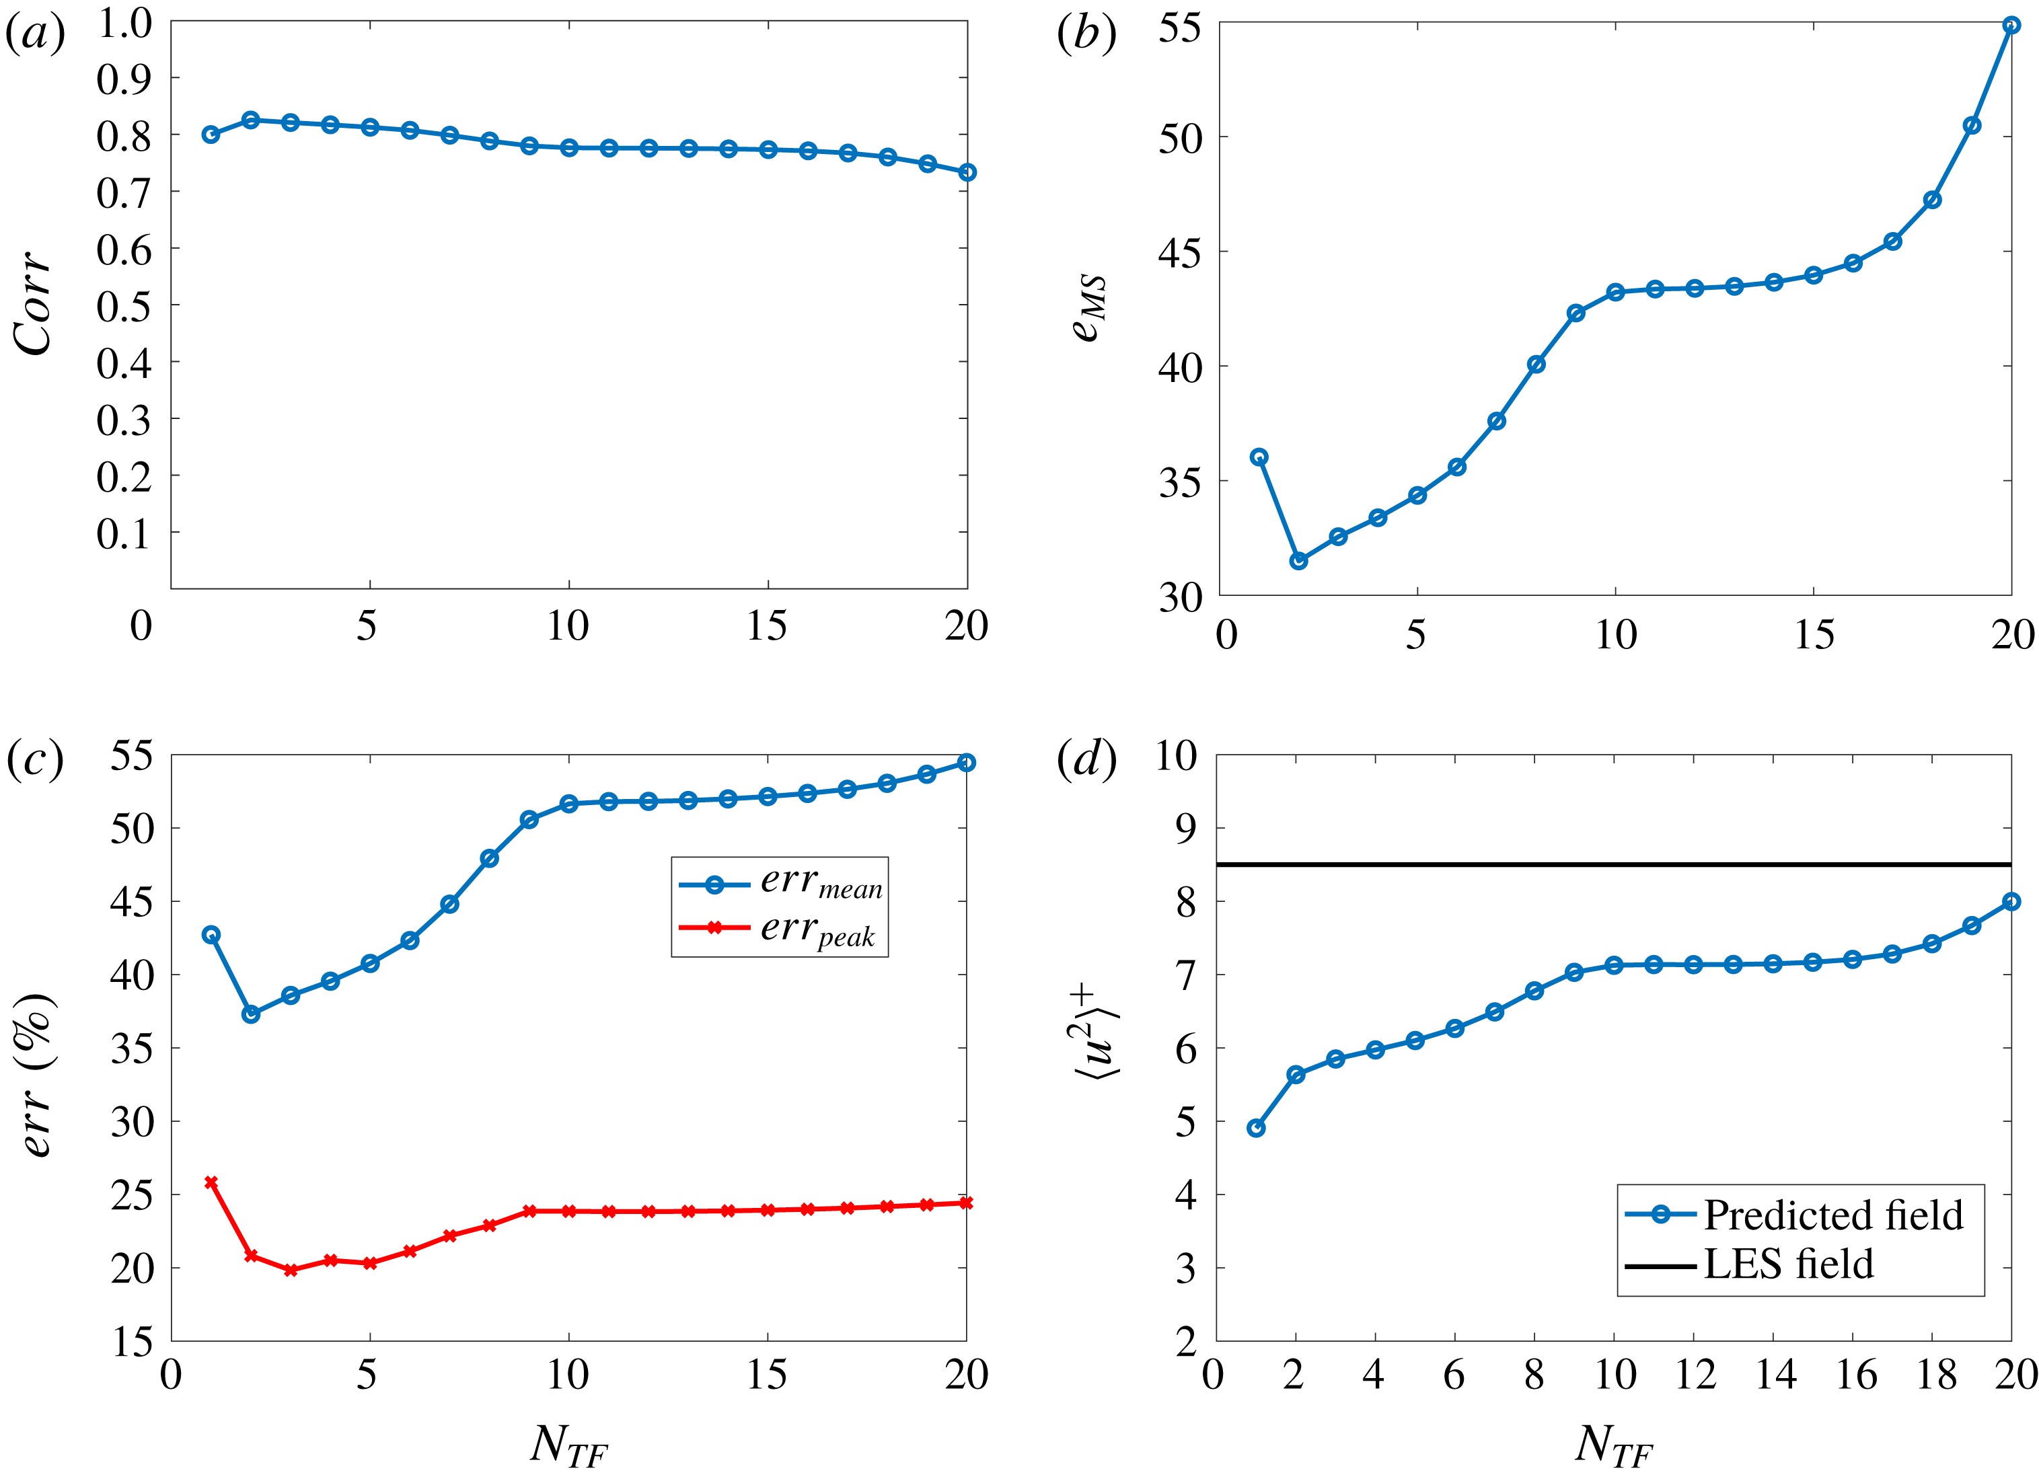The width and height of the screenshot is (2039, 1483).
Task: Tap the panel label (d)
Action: (x=1086, y=759)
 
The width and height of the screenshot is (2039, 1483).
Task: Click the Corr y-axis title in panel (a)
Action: (x=34, y=304)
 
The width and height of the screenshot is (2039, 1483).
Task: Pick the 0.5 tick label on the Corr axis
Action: (x=124, y=305)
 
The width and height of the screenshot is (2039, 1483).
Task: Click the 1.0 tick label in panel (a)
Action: (x=124, y=24)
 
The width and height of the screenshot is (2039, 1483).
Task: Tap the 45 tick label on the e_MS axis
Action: (x=1179, y=253)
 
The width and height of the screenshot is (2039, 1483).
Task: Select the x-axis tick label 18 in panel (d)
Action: (x=1935, y=1375)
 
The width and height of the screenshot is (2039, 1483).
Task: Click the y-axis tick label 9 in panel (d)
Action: (x=1187, y=828)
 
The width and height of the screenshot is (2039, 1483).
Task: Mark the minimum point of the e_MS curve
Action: (x=1298, y=561)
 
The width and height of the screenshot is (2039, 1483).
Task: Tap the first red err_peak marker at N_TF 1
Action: (x=211, y=1183)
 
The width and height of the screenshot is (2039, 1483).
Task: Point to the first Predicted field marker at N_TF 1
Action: (x=1256, y=1128)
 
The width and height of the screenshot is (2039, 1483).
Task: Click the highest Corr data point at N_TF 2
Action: (x=251, y=120)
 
